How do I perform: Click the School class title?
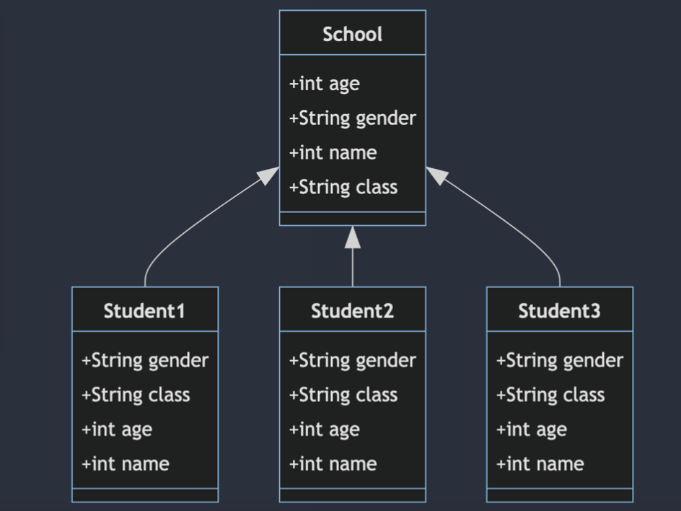tap(352, 34)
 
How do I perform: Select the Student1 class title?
tap(144, 311)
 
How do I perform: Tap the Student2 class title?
tap(352, 311)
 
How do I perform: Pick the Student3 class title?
tap(559, 311)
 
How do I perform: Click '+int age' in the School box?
tap(324, 84)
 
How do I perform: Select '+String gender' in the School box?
tap(352, 118)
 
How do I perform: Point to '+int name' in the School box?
tap(333, 152)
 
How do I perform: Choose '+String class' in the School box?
tap(343, 187)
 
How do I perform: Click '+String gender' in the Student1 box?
tap(145, 360)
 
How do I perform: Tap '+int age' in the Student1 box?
tap(117, 429)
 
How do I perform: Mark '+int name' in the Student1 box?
tap(126, 463)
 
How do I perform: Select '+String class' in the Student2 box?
tap(343, 395)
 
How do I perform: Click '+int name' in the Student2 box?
tap(333, 463)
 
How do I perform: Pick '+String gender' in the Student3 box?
tap(559, 360)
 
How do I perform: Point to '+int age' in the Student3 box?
tap(531, 429)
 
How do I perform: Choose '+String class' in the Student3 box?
tap(550, 395)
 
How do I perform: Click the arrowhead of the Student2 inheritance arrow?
tap(352, 237)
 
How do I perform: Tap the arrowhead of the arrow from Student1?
tap(269, 175)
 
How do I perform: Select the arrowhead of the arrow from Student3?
tap(436, 175)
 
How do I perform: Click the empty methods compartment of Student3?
tap(559, 495)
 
